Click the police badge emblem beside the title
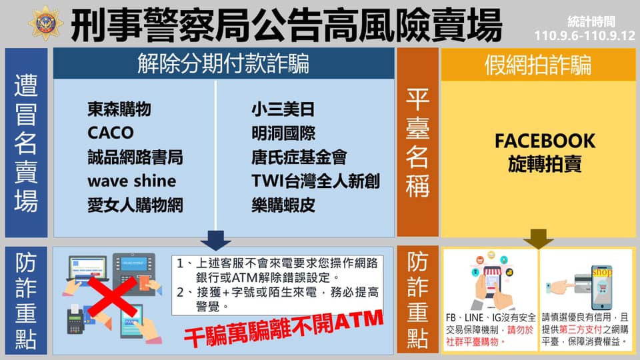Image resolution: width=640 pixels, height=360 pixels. [46, 23]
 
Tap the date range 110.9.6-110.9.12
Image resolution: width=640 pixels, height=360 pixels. [585, 35]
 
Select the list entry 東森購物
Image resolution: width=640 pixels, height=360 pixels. [119, 109]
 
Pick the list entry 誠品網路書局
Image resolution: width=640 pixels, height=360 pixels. [135, 157]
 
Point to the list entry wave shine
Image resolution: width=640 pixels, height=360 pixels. [132, 181]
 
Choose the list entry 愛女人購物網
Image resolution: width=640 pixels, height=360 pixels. [135, 205]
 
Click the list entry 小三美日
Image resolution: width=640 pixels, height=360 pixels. [283, 109]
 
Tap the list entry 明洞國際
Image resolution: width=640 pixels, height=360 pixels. [283, 133]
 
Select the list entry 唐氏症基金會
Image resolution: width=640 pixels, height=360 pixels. [299, 157]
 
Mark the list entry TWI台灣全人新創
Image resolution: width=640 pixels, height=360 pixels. [315, 181]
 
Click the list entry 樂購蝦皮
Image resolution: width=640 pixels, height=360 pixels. [283, 205]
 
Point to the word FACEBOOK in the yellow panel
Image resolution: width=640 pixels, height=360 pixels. [545, 141]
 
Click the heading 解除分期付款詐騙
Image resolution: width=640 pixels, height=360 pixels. [223, 64]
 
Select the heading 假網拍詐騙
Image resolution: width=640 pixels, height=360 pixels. [538, 65]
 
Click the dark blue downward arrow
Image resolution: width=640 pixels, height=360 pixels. [215, 241]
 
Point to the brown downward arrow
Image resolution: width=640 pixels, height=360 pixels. [539, 239]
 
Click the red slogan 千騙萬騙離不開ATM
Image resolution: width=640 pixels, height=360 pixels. [284, 329]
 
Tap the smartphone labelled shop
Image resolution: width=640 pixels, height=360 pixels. [601, 288]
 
